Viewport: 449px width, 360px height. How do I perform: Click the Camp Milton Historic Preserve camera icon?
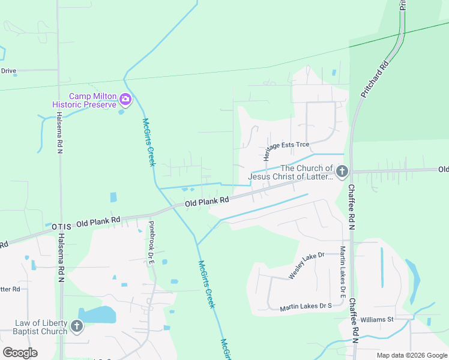[125, 99]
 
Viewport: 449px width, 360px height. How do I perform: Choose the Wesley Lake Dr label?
[306, 265]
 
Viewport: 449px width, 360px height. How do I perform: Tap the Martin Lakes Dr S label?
[306, 307]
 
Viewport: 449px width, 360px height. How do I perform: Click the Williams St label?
[377, 319]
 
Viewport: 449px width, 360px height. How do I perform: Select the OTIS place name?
[61, 226]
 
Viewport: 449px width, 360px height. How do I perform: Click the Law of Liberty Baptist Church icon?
[76, 326]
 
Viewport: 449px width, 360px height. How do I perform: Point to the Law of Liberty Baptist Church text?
[41, 327]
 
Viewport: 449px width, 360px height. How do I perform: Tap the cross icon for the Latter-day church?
[341, 172]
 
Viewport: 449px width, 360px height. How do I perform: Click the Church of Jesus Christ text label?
[290, 172]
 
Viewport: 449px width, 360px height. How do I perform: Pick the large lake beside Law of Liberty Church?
[97, 314]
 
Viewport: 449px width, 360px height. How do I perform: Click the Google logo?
[20, 352]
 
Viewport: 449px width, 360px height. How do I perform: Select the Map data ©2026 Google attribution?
[412, 355]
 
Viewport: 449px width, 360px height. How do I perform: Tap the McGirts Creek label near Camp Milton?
[149, 142]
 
